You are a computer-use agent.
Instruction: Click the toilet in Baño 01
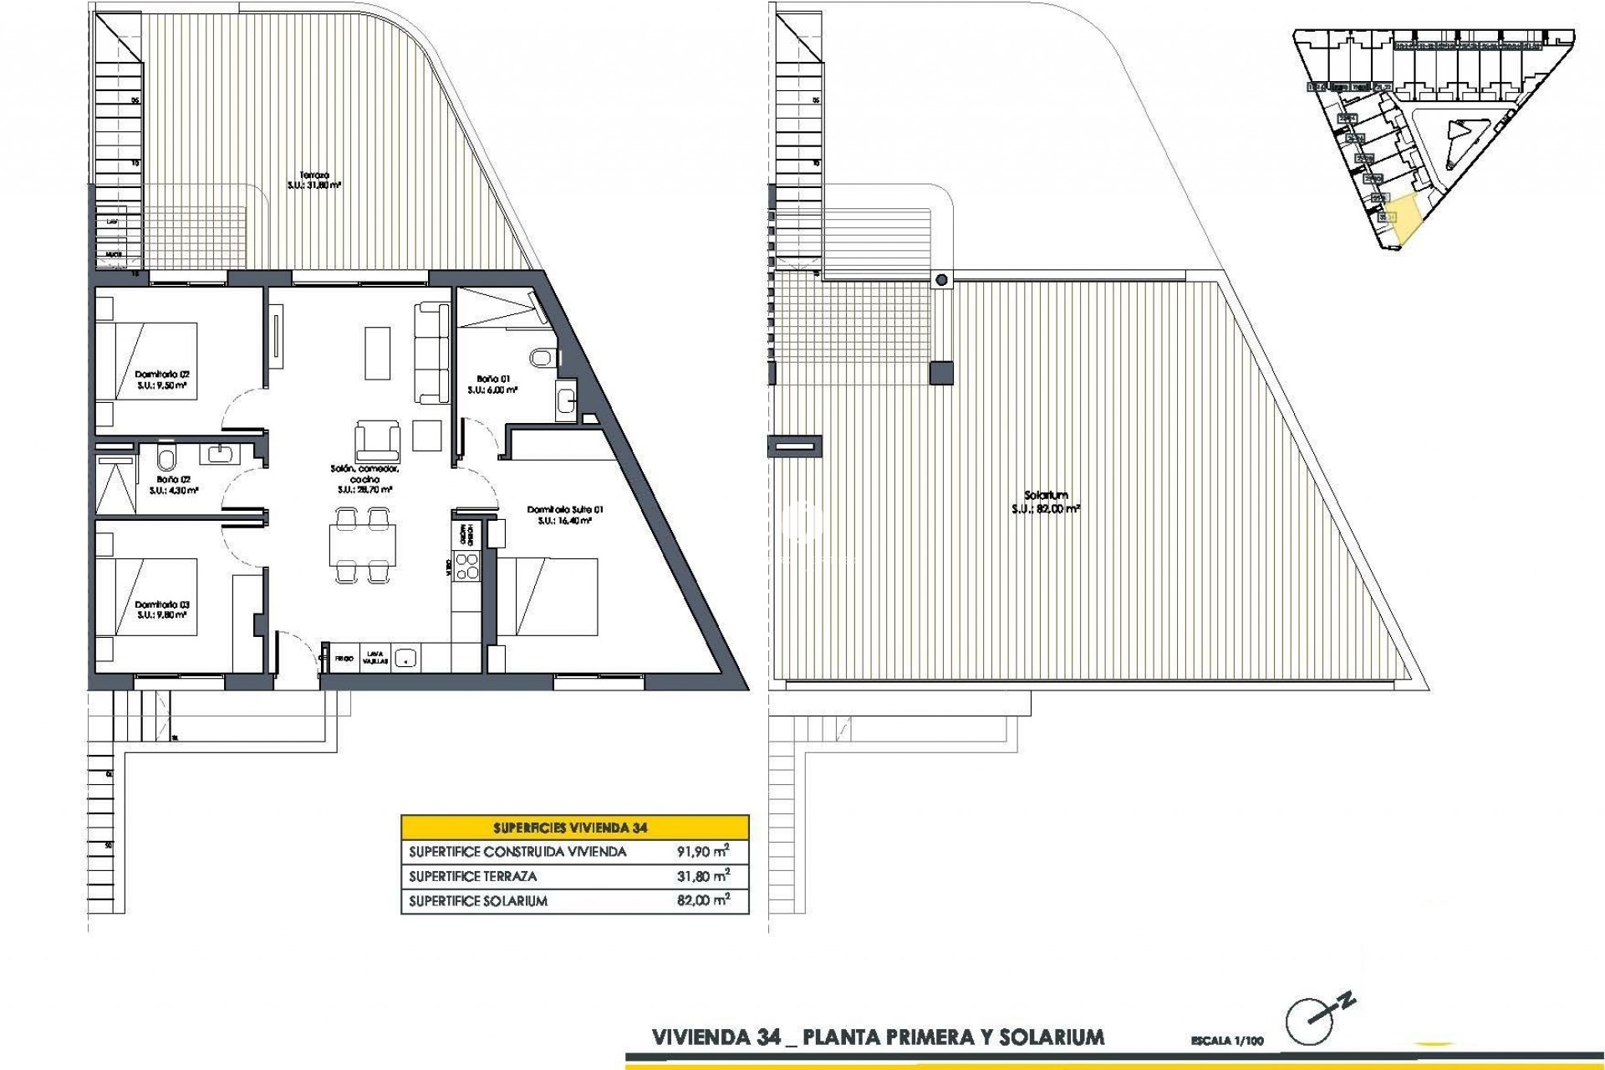542,358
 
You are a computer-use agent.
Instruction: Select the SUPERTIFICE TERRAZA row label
473,877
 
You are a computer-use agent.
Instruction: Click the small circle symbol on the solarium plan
942,280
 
